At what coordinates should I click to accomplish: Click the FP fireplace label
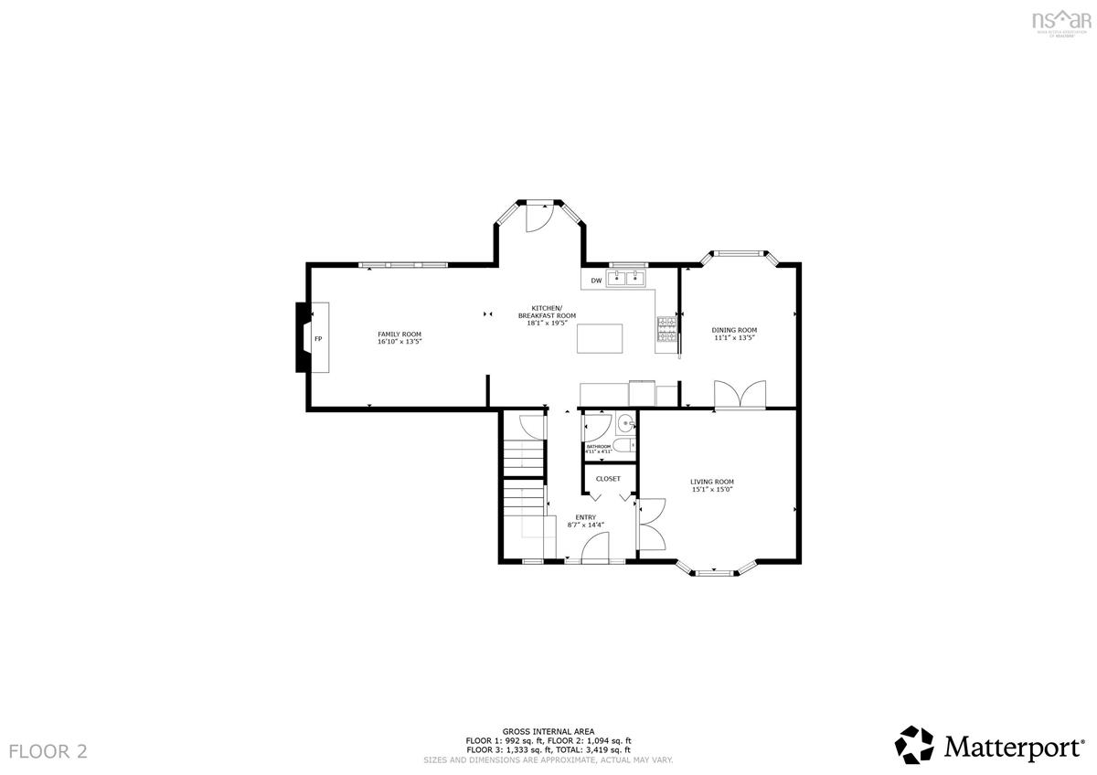click(318, 339)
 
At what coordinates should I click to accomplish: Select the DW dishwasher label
click(596, 281)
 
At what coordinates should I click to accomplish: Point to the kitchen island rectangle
click(601, 338)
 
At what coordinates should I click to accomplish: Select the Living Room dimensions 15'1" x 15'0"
click(712, 489)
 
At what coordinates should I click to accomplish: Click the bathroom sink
click(624, 423)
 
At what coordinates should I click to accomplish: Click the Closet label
click(608, 479)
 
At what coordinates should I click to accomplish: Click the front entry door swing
click(596, 548)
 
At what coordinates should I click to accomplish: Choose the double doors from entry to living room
click(650, 525)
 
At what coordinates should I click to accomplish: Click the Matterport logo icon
click(914, 745)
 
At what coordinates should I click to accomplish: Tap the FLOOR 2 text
click(48, 751)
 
